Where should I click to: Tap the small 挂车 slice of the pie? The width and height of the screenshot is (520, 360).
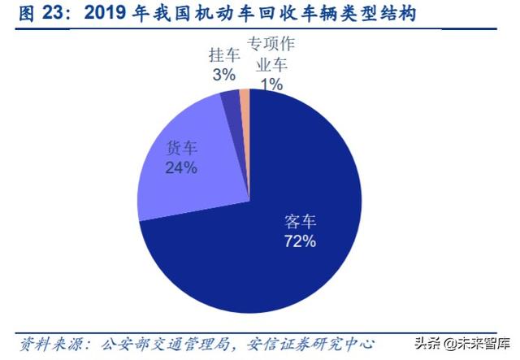click(231, 102)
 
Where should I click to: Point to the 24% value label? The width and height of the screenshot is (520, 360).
click(181, 168)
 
